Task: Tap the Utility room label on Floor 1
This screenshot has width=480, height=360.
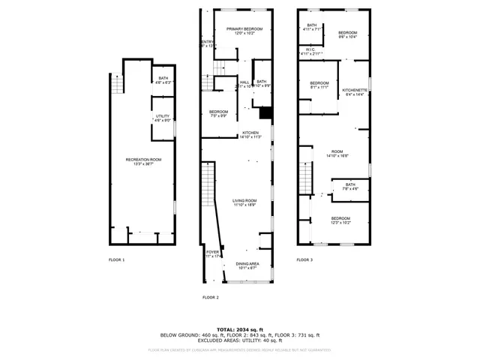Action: pyautogui.click(x=163, y=118)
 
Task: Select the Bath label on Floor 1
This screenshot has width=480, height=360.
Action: pyautogui.click(x=163, y=80)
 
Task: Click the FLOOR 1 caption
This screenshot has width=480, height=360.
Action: pyautogui.click(x=117, y=259)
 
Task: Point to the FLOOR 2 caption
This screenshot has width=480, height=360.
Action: pyautogui.click(x=211, y=298)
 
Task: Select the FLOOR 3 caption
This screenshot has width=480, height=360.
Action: pyautogui.click(x=304, y=259)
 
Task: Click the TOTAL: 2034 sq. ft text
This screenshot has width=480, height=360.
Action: pyautogui.click(x=240, y=329)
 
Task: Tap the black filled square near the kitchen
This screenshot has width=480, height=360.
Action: pyautogui.click(x=264, y=112)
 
